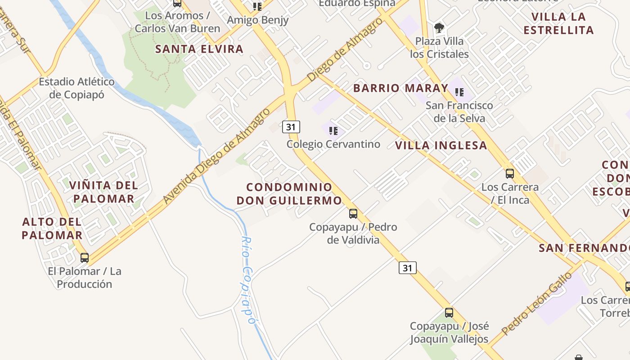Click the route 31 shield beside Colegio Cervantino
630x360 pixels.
[x=291, y=127]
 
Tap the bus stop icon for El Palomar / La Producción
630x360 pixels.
[x=85, y=258]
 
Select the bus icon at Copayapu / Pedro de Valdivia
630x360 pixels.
[x=353, y=213]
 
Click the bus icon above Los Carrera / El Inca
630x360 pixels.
[x=510, y=174]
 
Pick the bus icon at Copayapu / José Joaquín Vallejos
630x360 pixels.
[x=449, y=312]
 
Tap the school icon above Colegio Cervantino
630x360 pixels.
[x=333, y=131]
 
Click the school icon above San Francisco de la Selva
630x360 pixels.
[x=459, y=92]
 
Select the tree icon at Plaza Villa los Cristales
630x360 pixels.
[x=439, y=28]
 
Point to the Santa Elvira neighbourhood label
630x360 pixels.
[x=199, y=49]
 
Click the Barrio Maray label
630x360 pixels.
[x=401, y=88]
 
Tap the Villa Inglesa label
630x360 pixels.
[x=441, y=145]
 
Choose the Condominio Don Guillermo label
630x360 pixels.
[x=289, y=194]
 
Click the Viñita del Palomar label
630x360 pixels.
[x=103, y=192]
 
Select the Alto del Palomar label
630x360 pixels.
[x=52, y=228]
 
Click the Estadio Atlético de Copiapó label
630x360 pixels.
[x=77, y=88]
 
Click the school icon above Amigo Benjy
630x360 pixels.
[x=257, y=6]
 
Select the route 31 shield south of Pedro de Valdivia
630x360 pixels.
[x=407, y=268]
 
